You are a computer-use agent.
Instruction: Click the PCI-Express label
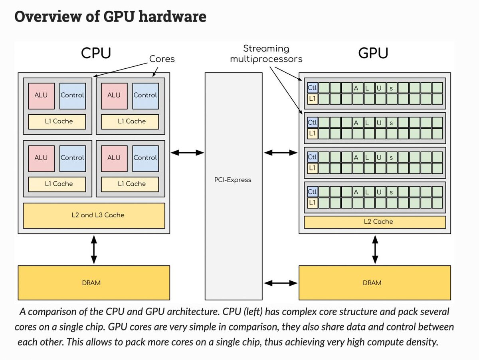click(233, 180)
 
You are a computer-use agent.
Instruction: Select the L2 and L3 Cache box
click(94, 215)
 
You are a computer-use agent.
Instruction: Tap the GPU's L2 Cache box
click(375, 222)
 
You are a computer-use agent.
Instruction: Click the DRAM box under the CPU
click(94, 283)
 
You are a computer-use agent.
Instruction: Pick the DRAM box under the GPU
click(375, 283)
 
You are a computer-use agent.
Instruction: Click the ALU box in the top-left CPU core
click(41, 95)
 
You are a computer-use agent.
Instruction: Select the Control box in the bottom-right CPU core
click(145, 158)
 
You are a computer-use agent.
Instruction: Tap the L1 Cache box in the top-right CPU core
click(130, 121)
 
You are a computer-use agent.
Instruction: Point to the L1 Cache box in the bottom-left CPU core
click(57, 184)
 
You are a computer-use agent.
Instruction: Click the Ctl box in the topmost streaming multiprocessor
click(312, 88)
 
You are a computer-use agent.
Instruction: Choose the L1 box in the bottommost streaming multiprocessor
click(312, 203)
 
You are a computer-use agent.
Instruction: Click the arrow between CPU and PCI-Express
click(187, 152)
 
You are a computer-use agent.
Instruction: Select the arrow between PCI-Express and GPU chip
click(281, 152)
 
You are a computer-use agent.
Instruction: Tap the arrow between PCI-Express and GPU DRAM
click(281, 283)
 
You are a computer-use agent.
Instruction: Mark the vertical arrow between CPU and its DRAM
click(94, 249)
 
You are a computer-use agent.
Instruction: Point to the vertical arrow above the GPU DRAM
click(375, 249)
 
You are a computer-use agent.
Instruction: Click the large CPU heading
click(96, 53)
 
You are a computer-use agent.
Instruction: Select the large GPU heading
click(373, 53)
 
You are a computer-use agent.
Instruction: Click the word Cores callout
click(162, 59)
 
